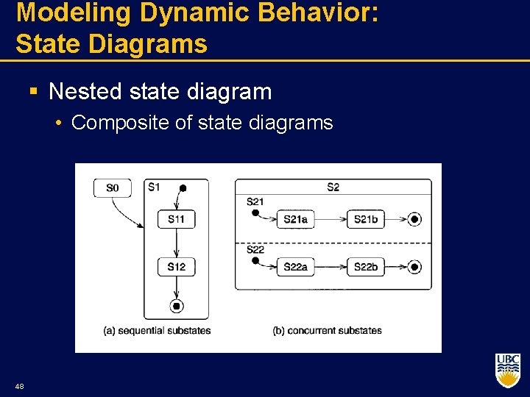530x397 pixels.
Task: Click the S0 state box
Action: point(112,188)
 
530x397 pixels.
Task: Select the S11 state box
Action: point(176,219)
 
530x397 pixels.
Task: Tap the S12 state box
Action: point(176,266)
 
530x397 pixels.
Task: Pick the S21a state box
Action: point(295,219)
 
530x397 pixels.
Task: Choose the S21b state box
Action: point(366,219)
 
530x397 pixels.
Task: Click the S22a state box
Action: point(295,267)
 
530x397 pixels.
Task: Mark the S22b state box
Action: point(366,267)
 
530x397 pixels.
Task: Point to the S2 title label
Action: point(333,187)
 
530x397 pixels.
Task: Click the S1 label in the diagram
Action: point(153,187)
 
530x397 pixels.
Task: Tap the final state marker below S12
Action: point(176,306)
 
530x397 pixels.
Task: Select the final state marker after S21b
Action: point(414,219)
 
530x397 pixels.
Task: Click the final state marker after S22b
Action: point(414,267)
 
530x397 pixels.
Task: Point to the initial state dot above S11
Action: point(183,188)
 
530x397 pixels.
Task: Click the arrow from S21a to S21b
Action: point(331,219)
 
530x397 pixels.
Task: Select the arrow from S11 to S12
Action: point(176,243)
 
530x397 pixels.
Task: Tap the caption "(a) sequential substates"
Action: point(157,331)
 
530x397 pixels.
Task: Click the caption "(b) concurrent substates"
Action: point(327,331)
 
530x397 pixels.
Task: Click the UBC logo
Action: point(508,371)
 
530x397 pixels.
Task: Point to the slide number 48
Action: point(18,387)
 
